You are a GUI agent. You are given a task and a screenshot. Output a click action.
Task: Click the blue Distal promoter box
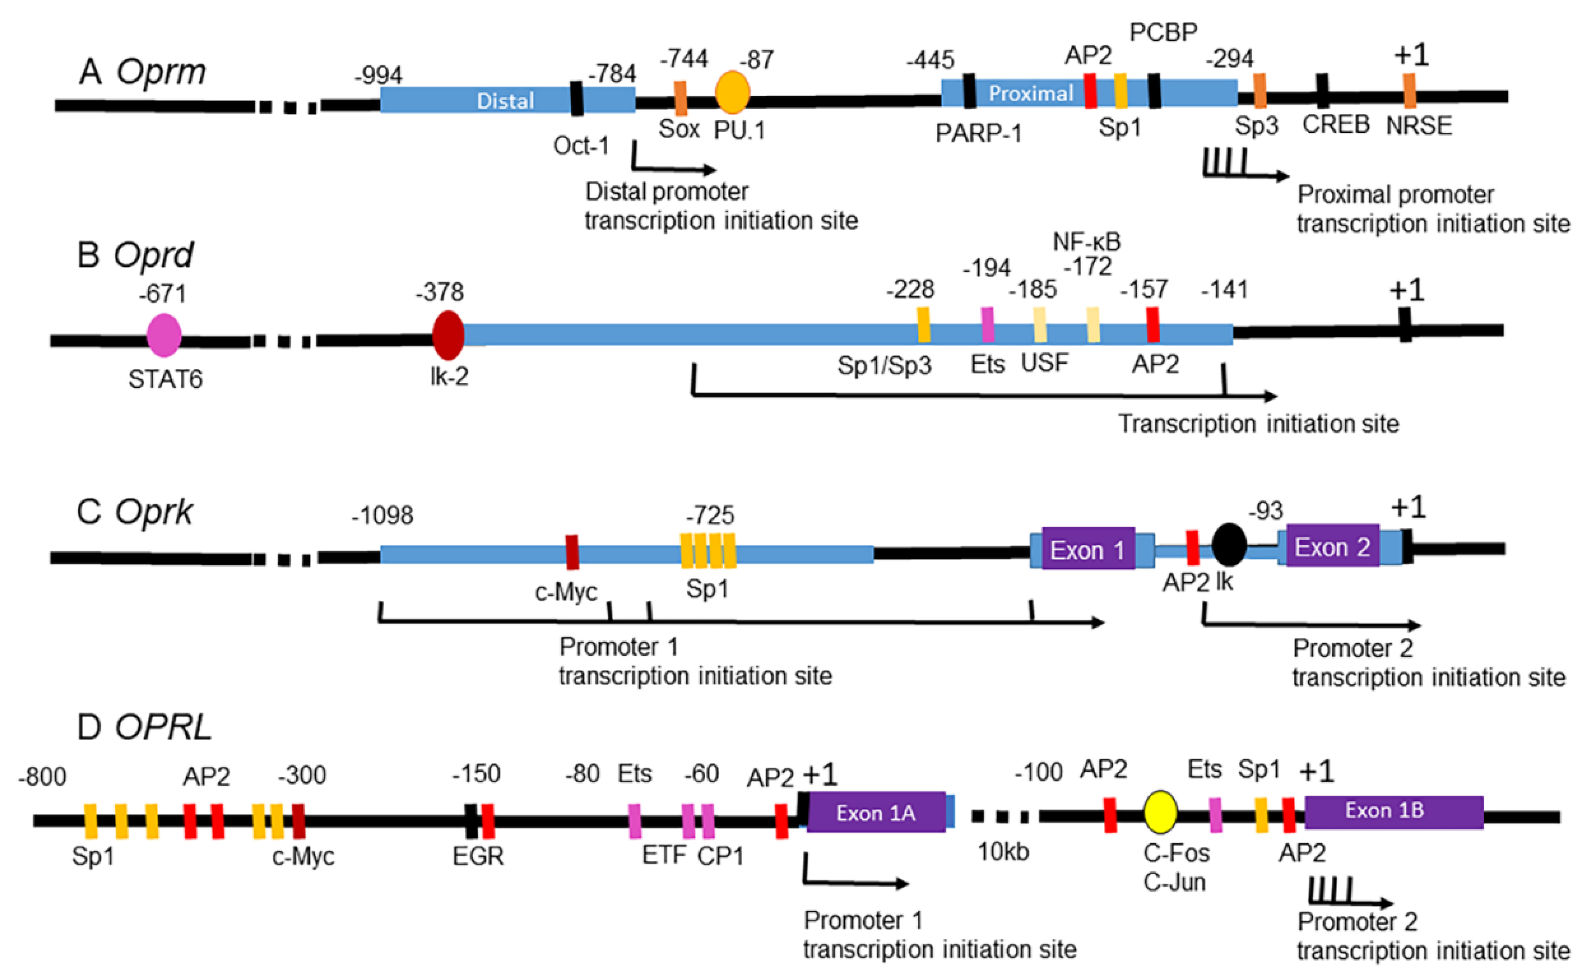[507, 100]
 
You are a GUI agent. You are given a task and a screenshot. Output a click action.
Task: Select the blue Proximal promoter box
[1089, 93]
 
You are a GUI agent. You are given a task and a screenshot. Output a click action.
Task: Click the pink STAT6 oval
[164, 335]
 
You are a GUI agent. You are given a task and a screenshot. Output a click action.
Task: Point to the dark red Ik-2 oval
[448, 335]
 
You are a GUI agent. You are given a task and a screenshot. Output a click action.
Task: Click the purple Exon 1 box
[1088, 549]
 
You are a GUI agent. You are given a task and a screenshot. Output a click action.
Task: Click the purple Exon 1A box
[876, 812]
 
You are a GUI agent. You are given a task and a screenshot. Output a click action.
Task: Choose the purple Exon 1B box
[1394, 812]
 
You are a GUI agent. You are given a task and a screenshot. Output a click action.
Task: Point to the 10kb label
[1003, 852]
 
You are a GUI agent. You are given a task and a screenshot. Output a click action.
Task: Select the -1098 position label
[382, 515]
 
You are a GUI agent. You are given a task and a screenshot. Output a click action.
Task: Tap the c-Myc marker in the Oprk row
[572, 552]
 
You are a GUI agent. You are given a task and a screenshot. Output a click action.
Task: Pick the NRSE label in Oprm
[1418, 125]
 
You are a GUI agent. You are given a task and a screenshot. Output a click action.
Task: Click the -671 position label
[162, 294]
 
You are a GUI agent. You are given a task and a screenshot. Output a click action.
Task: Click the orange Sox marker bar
[680, 98]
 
